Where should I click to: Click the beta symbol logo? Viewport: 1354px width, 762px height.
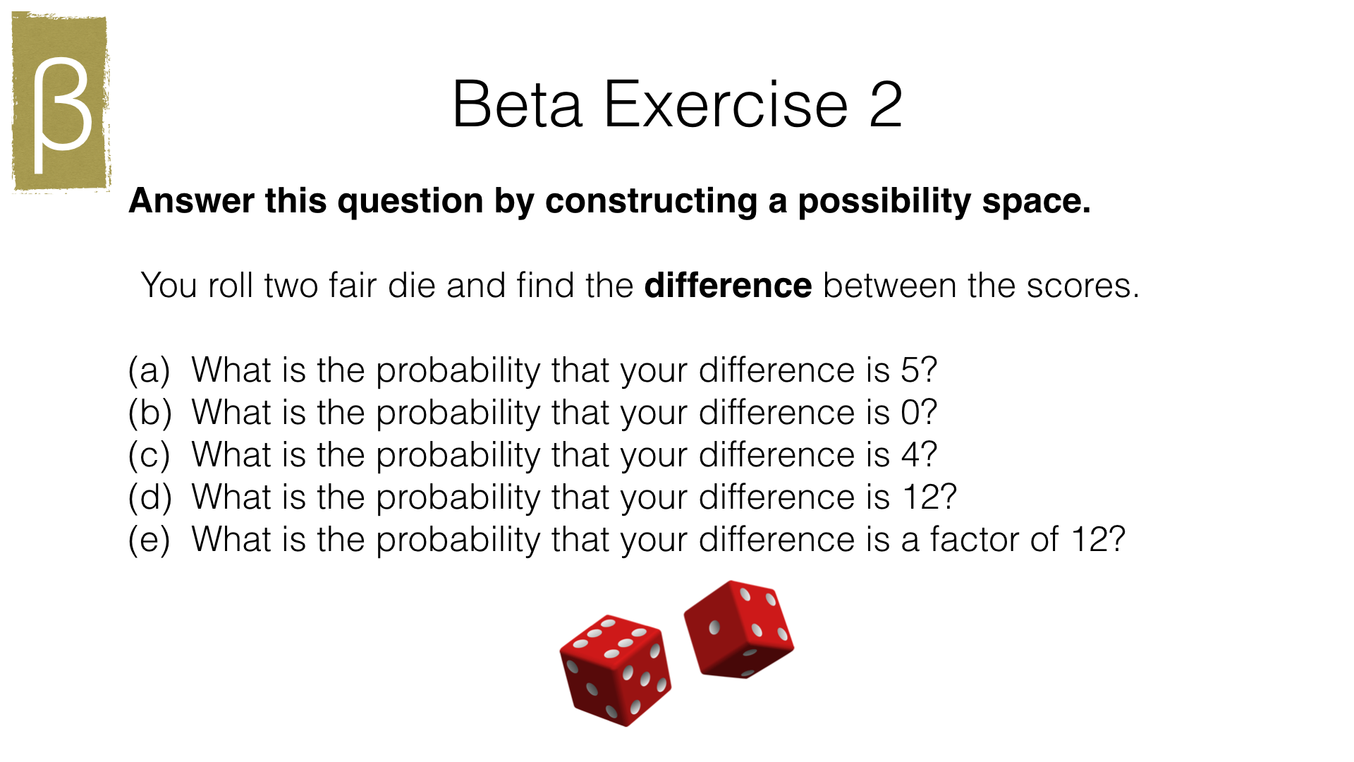click(x=61, y=102)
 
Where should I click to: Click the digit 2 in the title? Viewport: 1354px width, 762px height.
click(x=885, y=104)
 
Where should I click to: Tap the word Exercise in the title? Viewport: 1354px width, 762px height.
click(x=726, y=104)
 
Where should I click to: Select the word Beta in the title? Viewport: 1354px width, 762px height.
click(x=518, y=104)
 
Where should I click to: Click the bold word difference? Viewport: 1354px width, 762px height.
click(x=728, y=285)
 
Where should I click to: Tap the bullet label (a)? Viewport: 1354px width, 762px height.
click(x=150, y=370)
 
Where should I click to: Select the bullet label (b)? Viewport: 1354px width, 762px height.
click(x=150, y=412)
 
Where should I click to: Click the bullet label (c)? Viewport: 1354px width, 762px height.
click(x=150, y=454)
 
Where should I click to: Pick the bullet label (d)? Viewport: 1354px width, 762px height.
click(x=150, y=497)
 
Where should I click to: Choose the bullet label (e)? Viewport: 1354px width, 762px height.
click(x=150, y=539)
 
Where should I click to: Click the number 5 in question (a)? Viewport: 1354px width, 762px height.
click(x=910, y=370)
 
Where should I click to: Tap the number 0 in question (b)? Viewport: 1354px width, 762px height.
click(x=910, y=412)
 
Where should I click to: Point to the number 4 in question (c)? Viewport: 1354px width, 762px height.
click(x=910, y=454)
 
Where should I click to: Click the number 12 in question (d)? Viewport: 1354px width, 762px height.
click(x=920, y=497)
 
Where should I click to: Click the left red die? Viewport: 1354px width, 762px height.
click(x=615, y=669)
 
